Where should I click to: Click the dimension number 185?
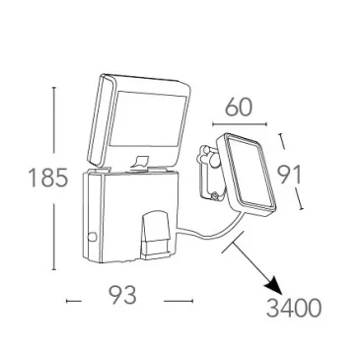(48, 178)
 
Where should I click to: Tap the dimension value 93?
(122, 295)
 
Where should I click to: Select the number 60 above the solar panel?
(239, 107)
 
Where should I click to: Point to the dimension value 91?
(289, 175)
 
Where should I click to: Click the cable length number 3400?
(293, 309)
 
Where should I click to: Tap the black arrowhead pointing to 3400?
(274, 286)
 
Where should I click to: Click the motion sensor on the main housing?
(156, 235)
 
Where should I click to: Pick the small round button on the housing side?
(93, 237)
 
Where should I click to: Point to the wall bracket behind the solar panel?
(209, 172)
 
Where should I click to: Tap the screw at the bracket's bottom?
(214, 196)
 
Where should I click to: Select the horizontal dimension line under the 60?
(240, 124)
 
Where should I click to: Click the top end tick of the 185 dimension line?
(54, 88)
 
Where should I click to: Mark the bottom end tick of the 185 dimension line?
(54, 269)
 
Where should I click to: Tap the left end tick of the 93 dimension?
(67, 301)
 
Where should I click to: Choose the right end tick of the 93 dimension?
(192, 301)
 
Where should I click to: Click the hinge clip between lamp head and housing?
(140, 162)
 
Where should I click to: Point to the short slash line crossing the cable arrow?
(233, 242)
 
